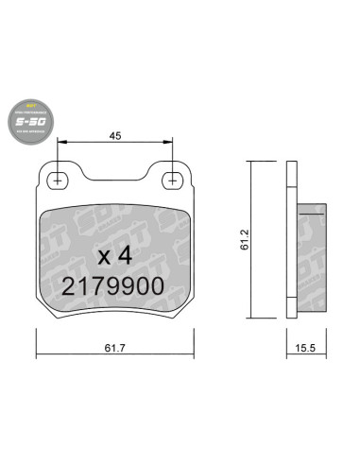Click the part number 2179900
[114, 284]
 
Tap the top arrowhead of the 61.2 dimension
[250, 164]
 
